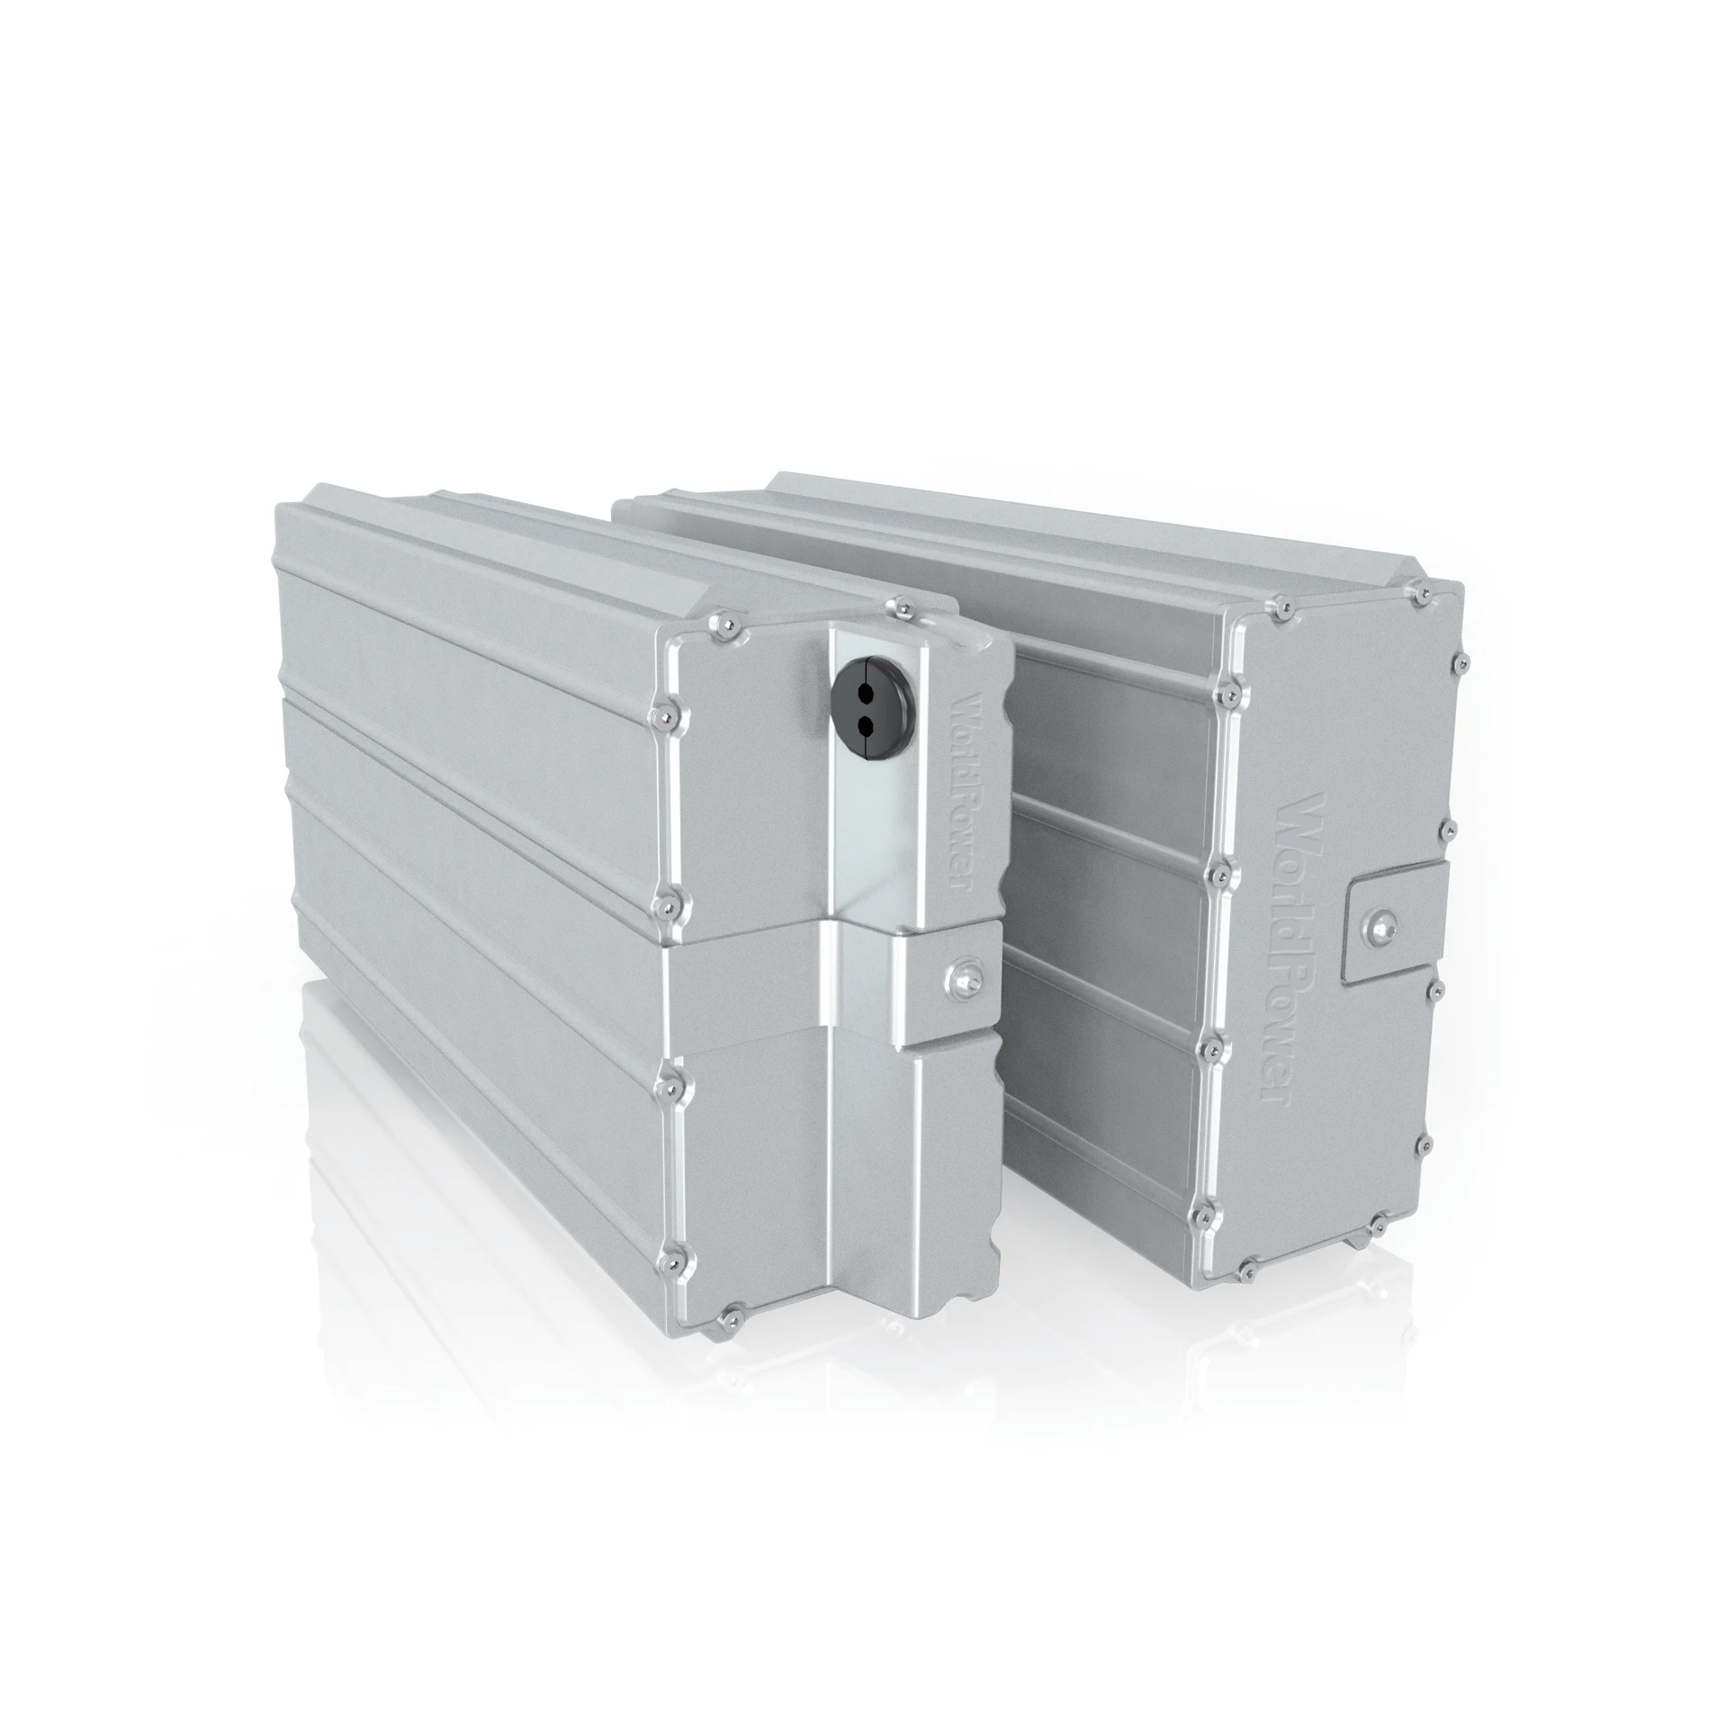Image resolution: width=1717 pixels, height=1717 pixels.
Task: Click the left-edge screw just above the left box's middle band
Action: pyautogui.click(x=668, y=901)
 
